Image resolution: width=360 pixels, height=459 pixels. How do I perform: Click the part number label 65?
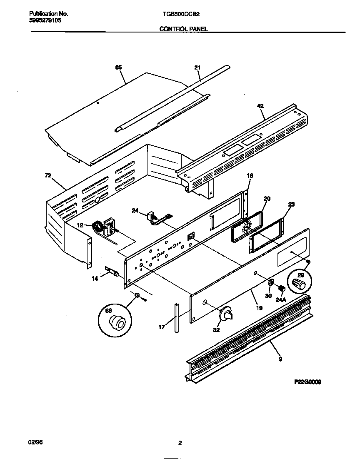pos(118,67)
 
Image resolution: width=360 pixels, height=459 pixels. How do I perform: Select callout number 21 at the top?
pos(197,67)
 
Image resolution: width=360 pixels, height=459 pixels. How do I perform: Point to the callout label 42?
pos(260,106)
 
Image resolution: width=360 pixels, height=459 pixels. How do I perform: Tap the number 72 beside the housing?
pos(48,176)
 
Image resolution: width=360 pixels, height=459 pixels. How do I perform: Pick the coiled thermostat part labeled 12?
pos(99,228)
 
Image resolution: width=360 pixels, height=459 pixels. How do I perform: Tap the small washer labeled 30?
pos(271,283)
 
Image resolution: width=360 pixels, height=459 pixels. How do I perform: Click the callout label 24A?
pos(281,299)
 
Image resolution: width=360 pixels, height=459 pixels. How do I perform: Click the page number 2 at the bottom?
pos(180,443)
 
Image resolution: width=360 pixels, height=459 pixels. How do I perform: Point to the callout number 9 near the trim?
pos(280,359)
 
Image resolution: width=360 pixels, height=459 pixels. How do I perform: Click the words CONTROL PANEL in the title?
pos(184,29)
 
